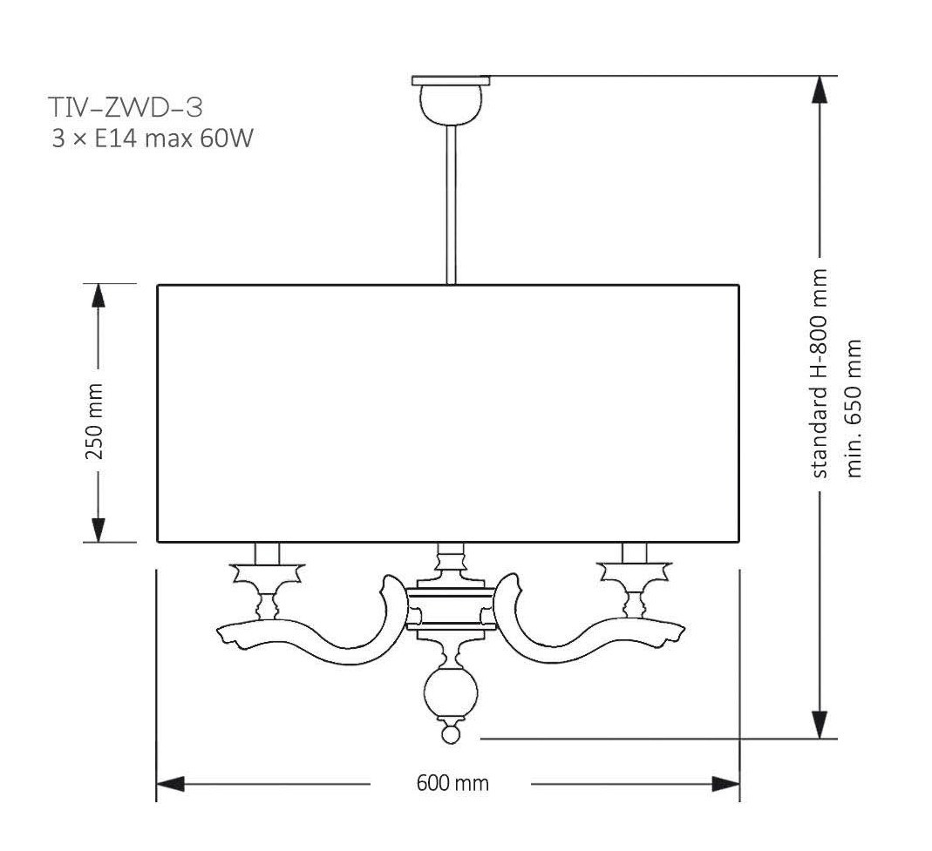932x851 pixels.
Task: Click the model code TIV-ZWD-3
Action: tap(126, 107)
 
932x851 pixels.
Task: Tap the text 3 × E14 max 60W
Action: tap(153, 139)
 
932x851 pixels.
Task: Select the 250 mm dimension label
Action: tap(94, 421)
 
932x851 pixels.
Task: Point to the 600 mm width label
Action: tap(452, 783)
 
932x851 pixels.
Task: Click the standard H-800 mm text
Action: tap(819, 373)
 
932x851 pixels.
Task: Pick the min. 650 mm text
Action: tap(854, 409)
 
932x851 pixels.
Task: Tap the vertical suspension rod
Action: tap(451, 205)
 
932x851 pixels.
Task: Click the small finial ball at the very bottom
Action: tap(451, 735)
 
